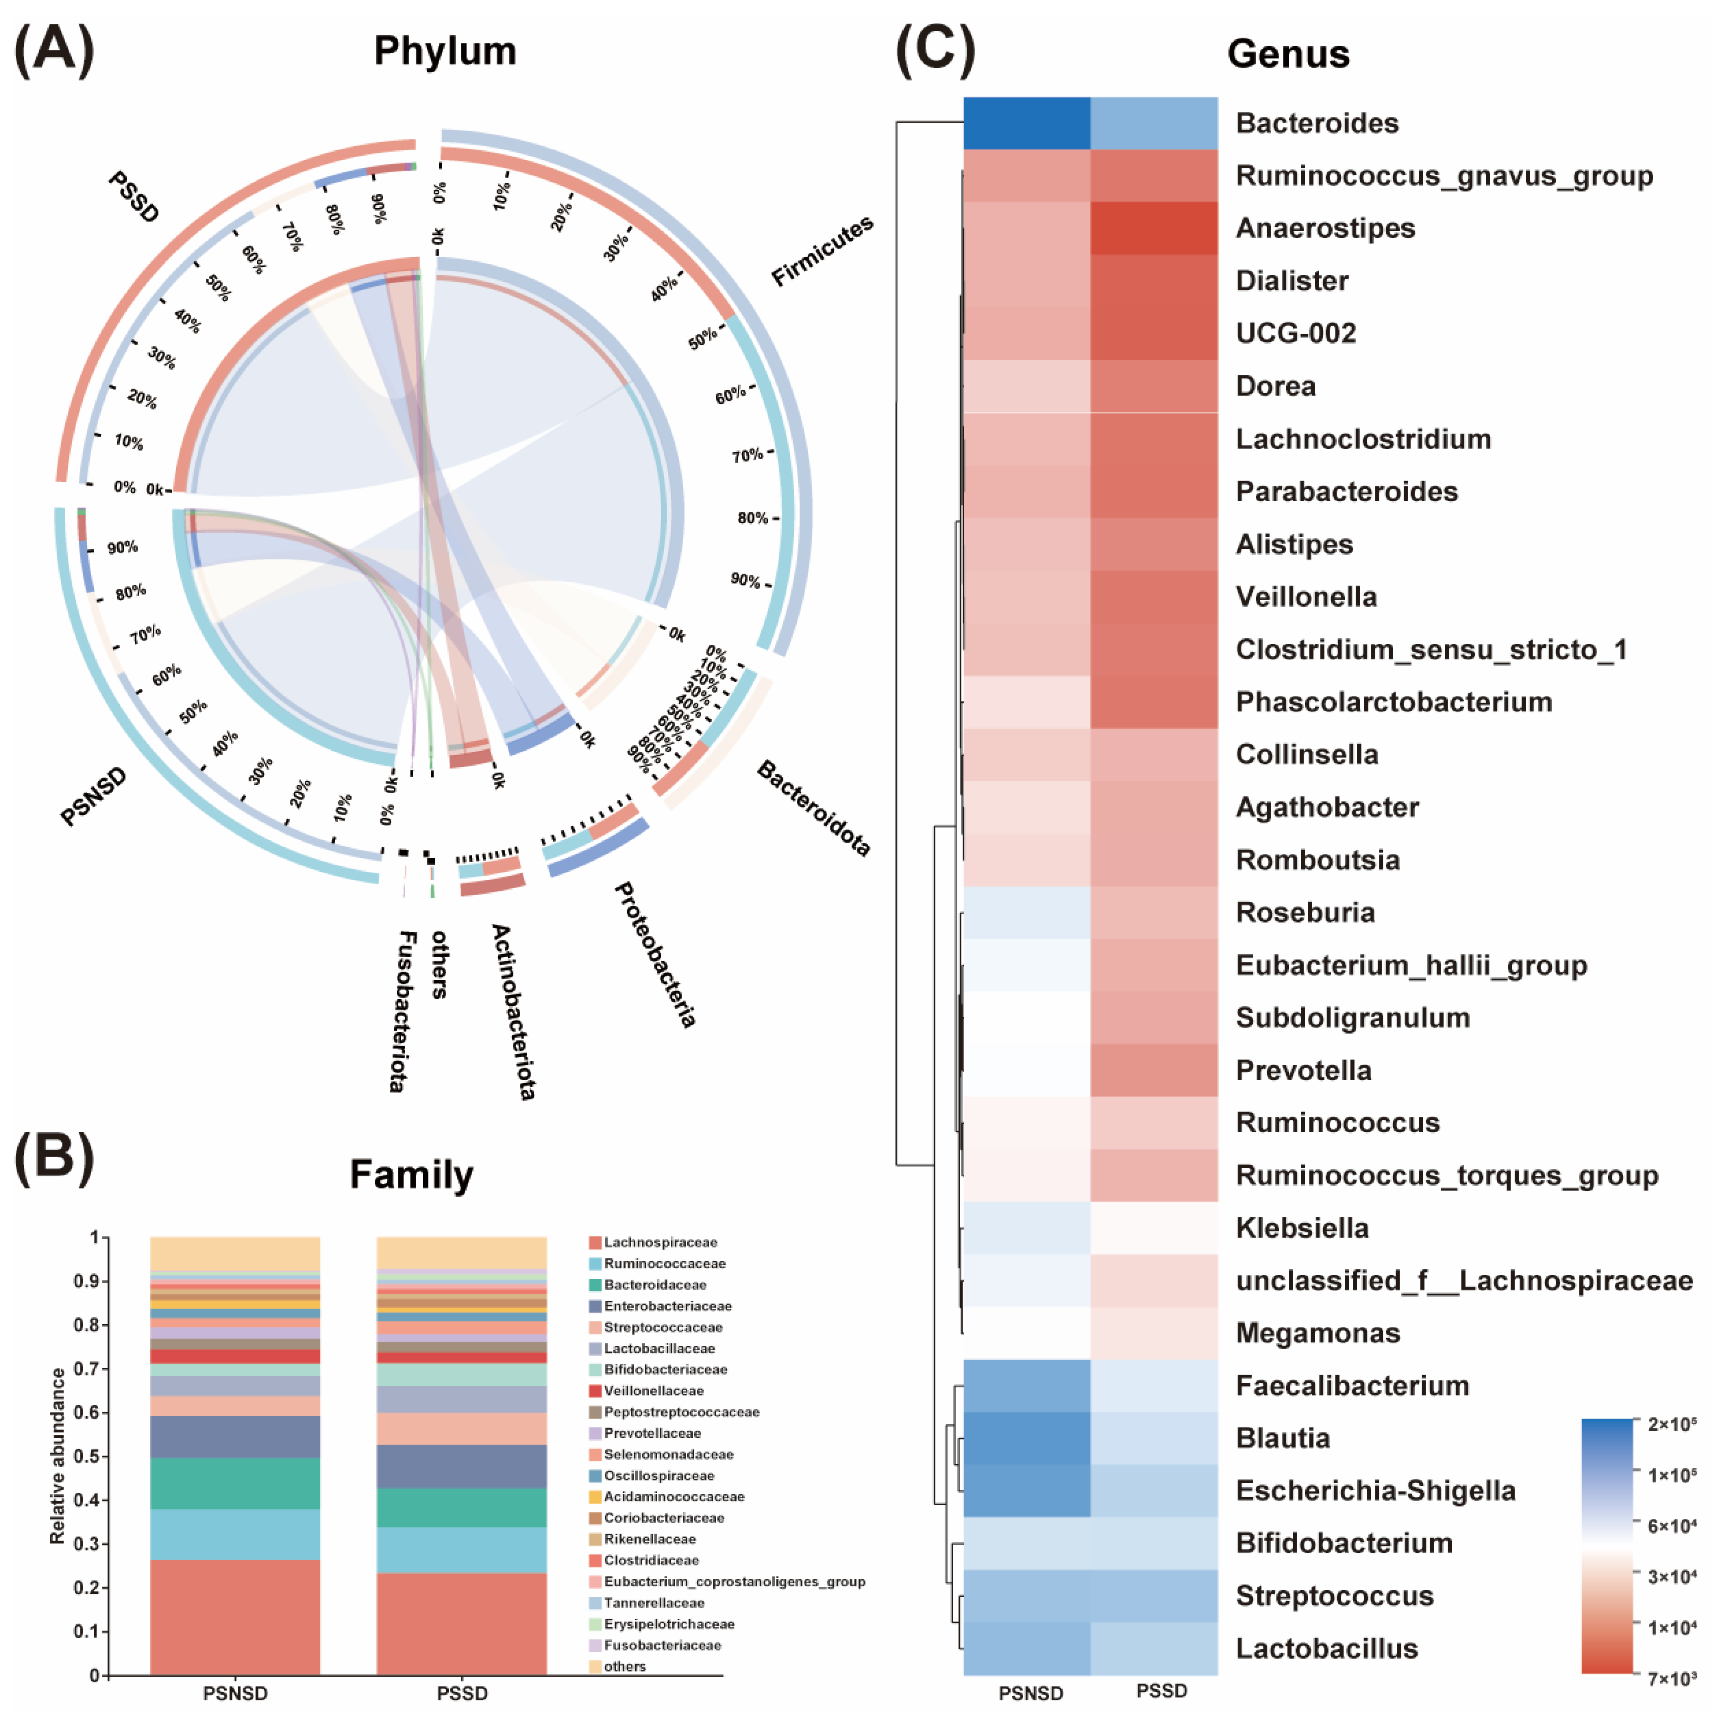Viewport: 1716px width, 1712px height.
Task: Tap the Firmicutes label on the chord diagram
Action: (821, 251)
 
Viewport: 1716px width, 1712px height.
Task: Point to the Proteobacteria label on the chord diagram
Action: (656, 955)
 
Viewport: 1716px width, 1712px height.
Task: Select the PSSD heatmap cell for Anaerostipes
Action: (1154, 228)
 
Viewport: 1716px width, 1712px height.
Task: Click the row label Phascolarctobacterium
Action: (1394, 702)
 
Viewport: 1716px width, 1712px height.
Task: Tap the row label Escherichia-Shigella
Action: (1375, 1491)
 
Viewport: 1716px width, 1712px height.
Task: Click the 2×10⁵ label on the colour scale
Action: (1671, 1424)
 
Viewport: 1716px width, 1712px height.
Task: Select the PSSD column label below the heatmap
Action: (1162, 1691)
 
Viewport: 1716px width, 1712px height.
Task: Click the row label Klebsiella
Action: (1302, 1228)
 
